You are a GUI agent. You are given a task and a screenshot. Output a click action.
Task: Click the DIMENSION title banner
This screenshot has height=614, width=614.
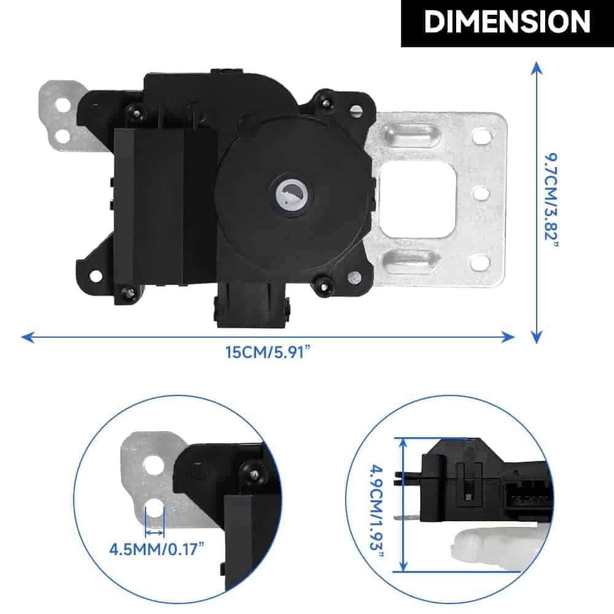point(507,23)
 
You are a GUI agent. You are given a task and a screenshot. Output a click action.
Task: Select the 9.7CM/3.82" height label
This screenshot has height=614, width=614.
point(552,200)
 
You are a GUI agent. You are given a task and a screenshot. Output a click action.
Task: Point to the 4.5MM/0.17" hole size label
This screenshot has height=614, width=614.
point(157,550)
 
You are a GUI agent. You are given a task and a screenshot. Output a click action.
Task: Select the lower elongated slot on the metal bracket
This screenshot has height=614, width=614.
point(410,259)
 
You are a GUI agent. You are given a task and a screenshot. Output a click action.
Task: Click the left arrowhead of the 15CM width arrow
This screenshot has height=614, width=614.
point(28,337)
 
